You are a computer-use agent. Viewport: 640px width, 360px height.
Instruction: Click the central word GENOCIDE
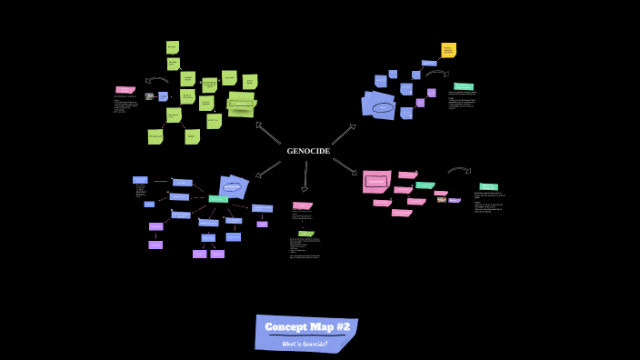(x=308, y=151)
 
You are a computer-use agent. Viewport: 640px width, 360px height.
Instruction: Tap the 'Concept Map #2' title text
(x=307, y=326)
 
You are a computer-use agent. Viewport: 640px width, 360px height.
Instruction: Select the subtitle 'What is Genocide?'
(x=305, y=344)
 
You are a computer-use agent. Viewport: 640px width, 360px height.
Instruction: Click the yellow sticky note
(x=448, y=50)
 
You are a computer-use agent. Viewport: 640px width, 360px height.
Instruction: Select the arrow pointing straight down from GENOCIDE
(x=305, y=176)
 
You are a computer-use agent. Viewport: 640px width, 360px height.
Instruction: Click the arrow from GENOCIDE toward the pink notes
(x=344, y=165)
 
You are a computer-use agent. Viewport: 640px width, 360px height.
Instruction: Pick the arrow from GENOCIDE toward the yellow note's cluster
(x=343, y=135)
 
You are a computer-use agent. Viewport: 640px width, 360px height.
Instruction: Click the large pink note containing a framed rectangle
(x=376, y=181)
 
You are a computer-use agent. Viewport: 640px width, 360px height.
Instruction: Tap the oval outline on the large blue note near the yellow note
(x=383, y=107)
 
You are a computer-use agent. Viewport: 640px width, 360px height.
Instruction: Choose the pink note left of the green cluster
(x=125, y=90)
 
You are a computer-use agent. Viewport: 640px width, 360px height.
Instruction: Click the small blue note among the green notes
(x=163, y=96)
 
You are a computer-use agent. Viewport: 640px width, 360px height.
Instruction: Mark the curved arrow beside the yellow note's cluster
(x=436, y=73)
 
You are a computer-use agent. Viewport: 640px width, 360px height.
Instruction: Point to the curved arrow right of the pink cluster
(x=458, y=169)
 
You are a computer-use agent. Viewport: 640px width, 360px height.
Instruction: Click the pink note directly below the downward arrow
(x=303, y=205)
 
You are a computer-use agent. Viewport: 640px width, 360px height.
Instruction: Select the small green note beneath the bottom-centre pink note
(x=306, y=234)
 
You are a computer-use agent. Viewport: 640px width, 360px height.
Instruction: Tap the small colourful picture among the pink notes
(x=442, y=199)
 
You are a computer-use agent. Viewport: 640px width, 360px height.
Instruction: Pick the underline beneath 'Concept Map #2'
(x=307, y=335)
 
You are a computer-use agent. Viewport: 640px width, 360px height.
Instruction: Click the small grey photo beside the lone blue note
(x=150, y=96)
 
